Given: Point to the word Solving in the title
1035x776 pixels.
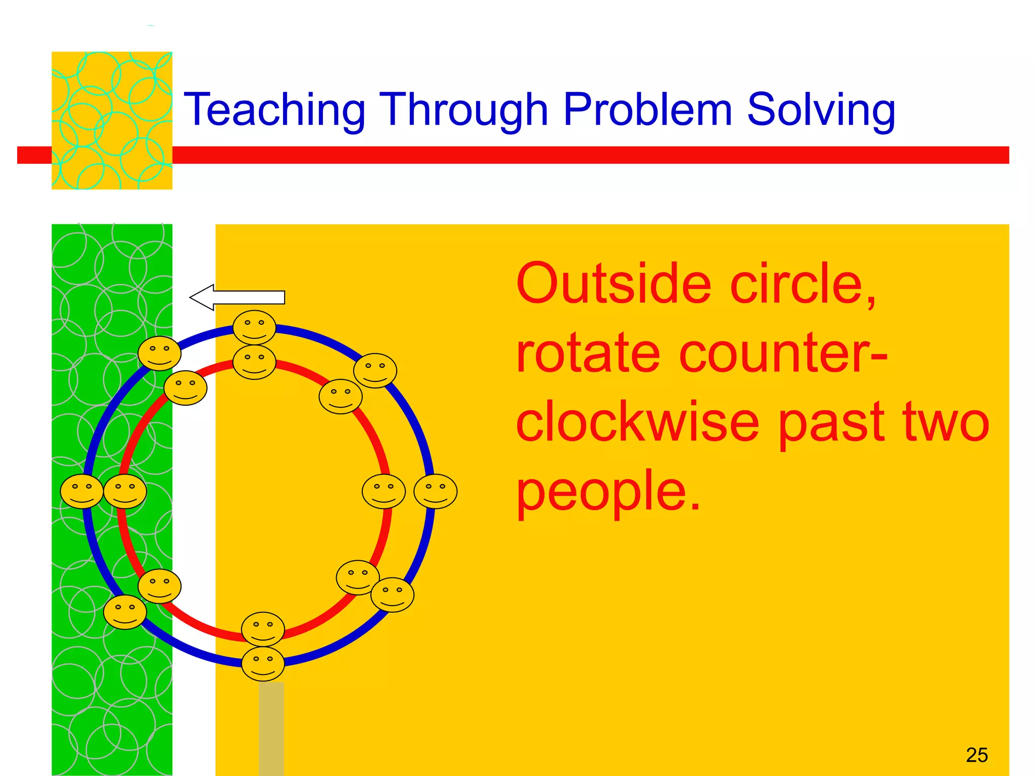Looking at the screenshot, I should coord(821,110).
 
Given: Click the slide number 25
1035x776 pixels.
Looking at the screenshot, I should coord(976,755).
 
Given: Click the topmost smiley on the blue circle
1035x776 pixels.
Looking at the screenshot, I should coord(254,327).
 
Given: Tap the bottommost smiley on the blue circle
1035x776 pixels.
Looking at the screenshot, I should coord(263,664).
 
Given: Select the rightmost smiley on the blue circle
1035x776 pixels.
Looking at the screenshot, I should coord(435,491).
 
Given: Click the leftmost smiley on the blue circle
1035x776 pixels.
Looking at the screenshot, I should coord(82,491).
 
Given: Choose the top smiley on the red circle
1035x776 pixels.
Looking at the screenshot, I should coord(254,362).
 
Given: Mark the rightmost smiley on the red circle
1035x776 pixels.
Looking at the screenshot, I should coord(384,491).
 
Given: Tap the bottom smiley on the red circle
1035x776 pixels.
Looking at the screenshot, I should coord(263,629).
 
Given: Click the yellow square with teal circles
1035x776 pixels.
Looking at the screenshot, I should coord(112,120).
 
